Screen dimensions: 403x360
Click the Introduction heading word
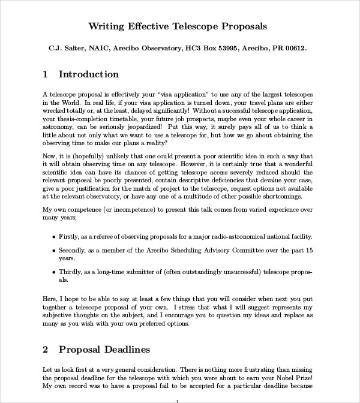click(x=89, y=74)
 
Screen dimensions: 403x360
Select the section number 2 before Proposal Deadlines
click(x=46, y=349)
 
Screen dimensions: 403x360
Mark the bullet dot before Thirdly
click(x=54, y=271)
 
